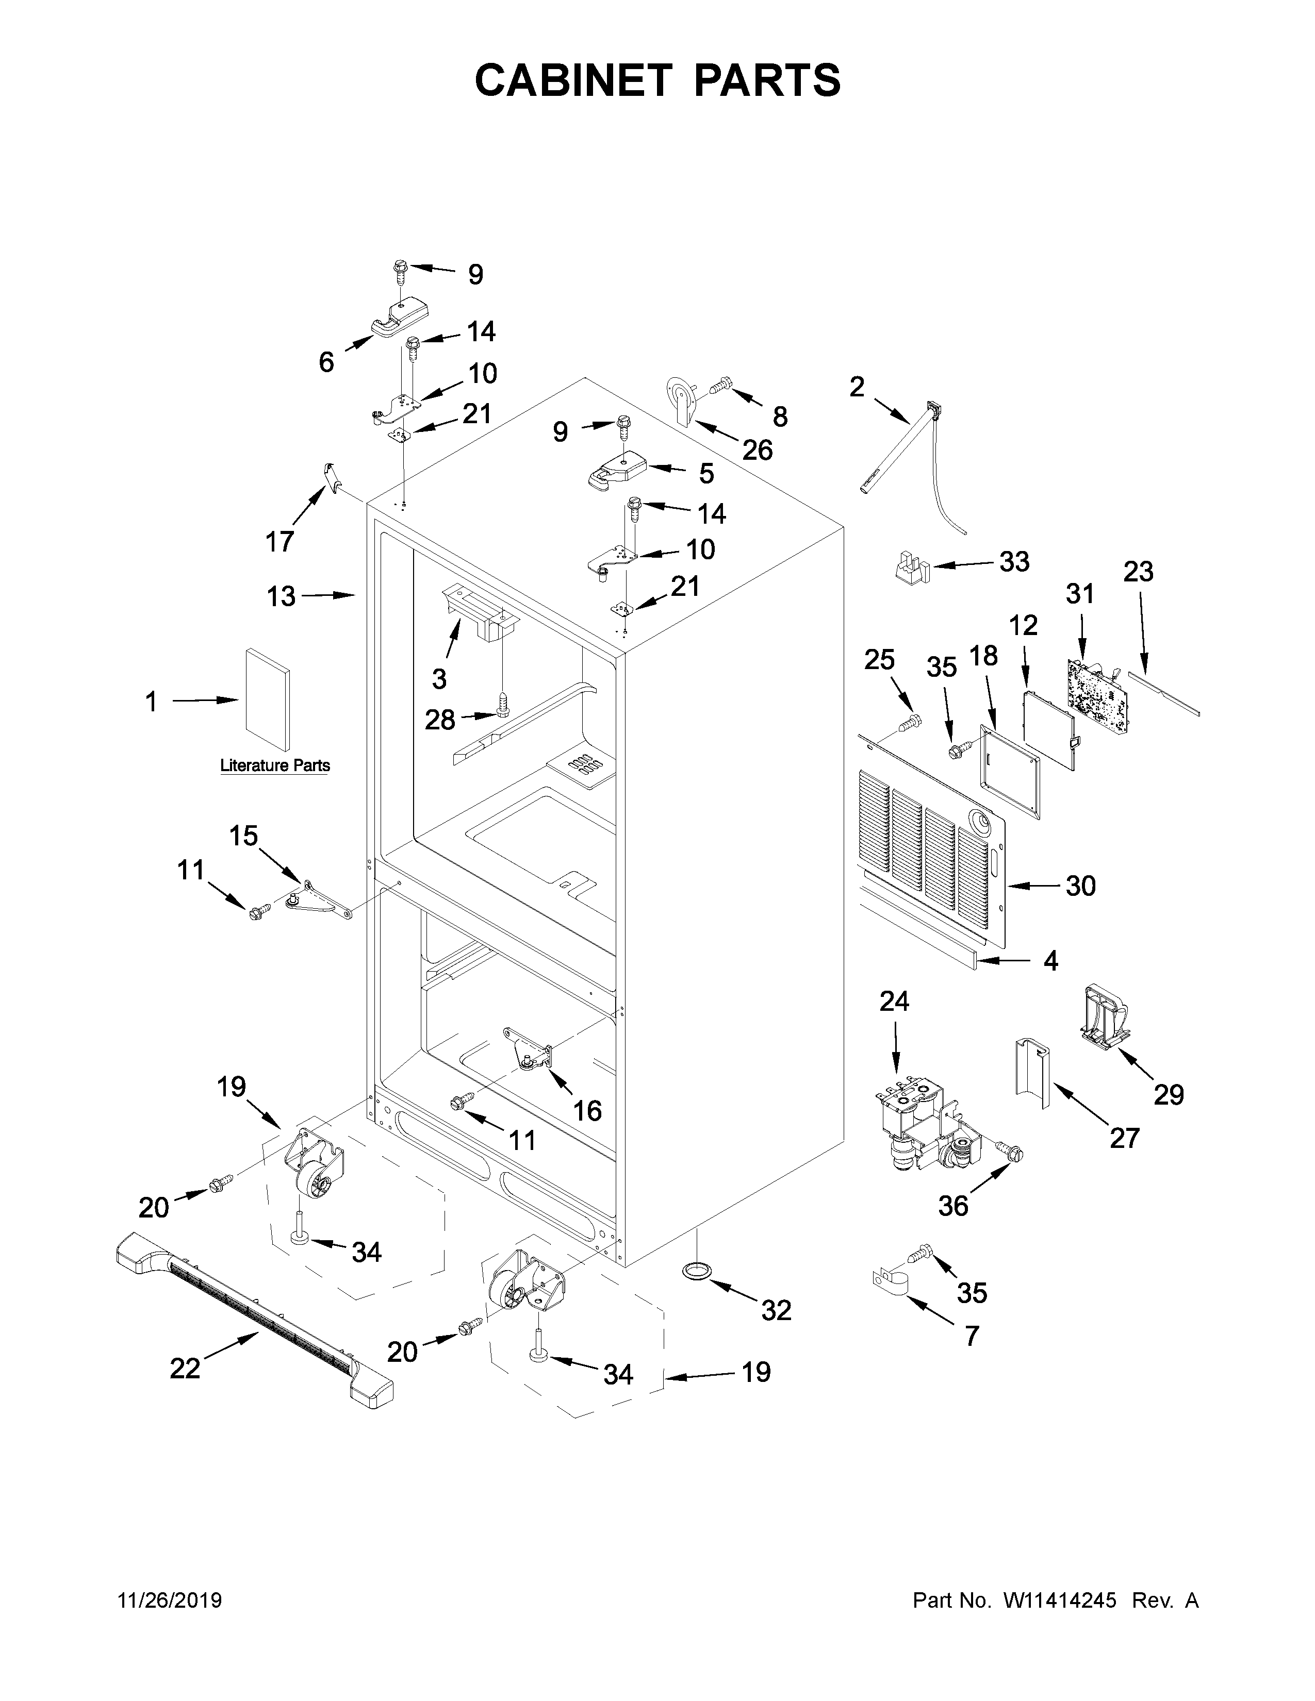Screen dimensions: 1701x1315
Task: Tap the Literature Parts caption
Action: coord(275,765)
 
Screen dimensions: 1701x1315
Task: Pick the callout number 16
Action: coord(587,1111)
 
